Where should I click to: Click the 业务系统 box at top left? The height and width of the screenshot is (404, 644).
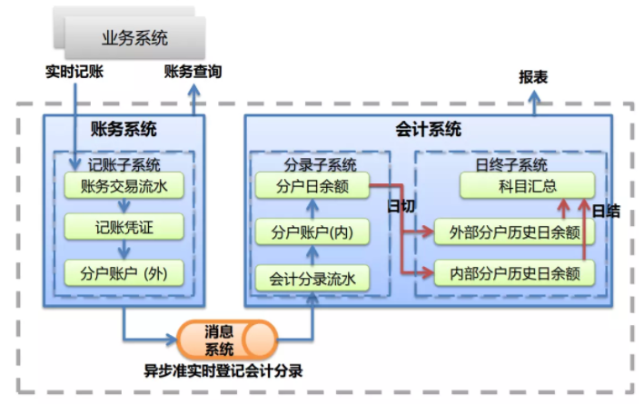(134, 38)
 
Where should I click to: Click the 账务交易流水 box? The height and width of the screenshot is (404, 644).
(125, 187)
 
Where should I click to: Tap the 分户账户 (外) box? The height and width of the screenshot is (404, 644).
(125, 271)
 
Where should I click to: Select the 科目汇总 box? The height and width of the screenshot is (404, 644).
(527, 187)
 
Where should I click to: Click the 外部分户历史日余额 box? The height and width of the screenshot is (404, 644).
(514, 232)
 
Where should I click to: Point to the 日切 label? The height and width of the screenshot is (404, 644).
(401, 206)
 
